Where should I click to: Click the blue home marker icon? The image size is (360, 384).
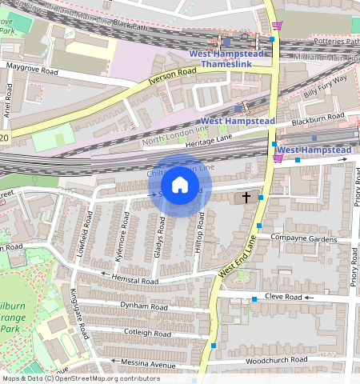[x=180, y=185]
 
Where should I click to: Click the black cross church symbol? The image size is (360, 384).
[x=246, y=196]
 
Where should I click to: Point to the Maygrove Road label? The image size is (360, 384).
[x=32, y=68]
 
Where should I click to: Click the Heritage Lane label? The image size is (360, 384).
[x=207, y=141]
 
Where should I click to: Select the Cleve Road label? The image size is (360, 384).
[x=283, y=297]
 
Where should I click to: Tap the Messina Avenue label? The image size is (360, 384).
[x=148, y=364]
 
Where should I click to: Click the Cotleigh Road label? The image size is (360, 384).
[x=144, y=333]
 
